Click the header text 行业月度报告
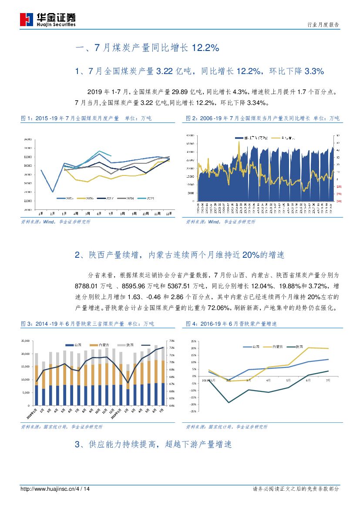pyautogui.click(x=323, y=25)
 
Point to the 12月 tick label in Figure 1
pyautogui.click(x=168, y=214)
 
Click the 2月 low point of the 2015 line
pyautogui.click(x=53, y=192)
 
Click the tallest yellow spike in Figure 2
pyautogui.click(x=239, y=142)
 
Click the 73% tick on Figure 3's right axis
pyautogui.click(x=172, y=341)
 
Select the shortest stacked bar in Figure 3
pyautogui.click(x=127, y=385)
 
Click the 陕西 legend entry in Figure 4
pyautogui.click(x=297, y=347)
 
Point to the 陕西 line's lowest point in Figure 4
pyautogui.click(x=229, y=402)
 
